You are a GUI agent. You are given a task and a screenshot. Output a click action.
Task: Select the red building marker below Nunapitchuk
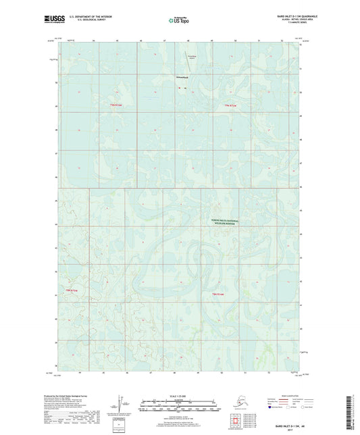point(180,91)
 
